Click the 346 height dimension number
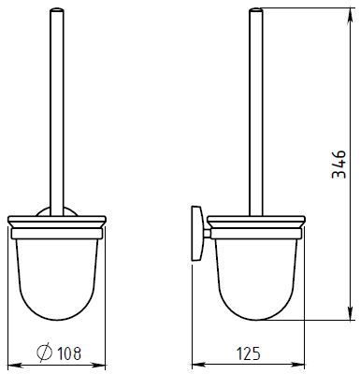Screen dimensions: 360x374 pos(338,165)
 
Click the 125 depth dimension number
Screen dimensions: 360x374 pos(248,353)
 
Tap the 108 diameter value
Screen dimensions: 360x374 pos(69,353)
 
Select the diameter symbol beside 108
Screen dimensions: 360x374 pos(44,353)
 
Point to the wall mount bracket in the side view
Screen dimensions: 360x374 pos(196,233)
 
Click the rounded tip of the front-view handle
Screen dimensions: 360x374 pos(57,9)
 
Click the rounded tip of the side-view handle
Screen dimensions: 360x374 pos(256,9)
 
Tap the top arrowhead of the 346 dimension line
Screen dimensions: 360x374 pos(351,14)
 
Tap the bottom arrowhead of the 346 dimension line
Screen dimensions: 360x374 pos(351,313)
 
